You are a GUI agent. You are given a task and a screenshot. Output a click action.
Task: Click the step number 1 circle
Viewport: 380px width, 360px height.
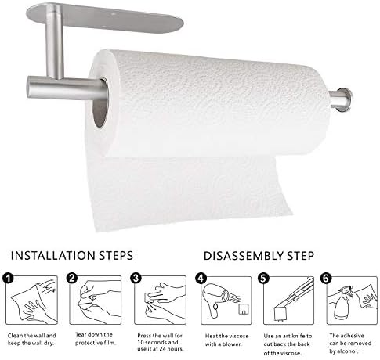tap(8, 279)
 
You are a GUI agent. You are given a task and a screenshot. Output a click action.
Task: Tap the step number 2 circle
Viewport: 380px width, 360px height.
tap(72, 278)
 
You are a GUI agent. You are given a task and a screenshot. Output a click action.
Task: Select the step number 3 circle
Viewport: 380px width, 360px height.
tap(136, 278)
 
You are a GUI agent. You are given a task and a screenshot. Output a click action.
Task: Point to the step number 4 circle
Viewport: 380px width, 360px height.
tap(201, 279)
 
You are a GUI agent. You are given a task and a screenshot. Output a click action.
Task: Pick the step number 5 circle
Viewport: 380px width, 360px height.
tap(263, 279)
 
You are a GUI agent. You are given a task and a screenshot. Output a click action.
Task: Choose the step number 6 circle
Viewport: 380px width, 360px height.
tap(326, 279)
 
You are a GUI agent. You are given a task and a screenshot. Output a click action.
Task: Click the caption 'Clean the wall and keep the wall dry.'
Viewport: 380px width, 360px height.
tap(32, 339)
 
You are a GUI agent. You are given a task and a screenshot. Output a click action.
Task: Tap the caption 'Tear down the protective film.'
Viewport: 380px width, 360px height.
tap(96, 339)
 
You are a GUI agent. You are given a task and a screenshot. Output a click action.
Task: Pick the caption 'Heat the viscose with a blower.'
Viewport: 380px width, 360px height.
tap(226, 340)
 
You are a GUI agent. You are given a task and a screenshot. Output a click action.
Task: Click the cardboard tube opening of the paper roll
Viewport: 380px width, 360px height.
tap(100, 103)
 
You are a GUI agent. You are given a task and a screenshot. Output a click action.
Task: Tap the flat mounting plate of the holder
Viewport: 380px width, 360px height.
tap(105, 17)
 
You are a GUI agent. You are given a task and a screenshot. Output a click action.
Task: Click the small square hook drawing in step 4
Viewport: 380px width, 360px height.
tap(244, 309)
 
